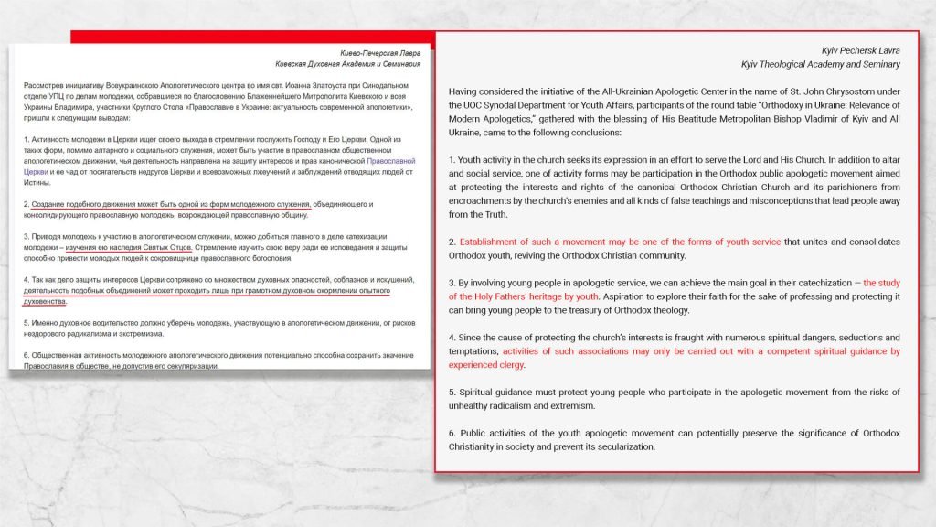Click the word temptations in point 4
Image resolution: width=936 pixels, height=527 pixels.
[473, 351]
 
